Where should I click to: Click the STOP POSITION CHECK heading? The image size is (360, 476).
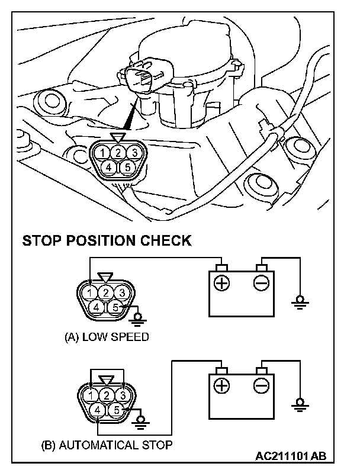(x=107, y=241)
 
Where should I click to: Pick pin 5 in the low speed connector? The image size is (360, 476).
(x=116, y=307)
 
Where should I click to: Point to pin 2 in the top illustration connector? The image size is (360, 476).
(x=118, y=153)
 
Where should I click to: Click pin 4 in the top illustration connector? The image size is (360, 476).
(x=109, y=167)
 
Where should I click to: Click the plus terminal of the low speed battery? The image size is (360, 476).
(x=221, y=283)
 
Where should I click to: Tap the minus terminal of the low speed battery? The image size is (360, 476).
(x=261, y=283)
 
